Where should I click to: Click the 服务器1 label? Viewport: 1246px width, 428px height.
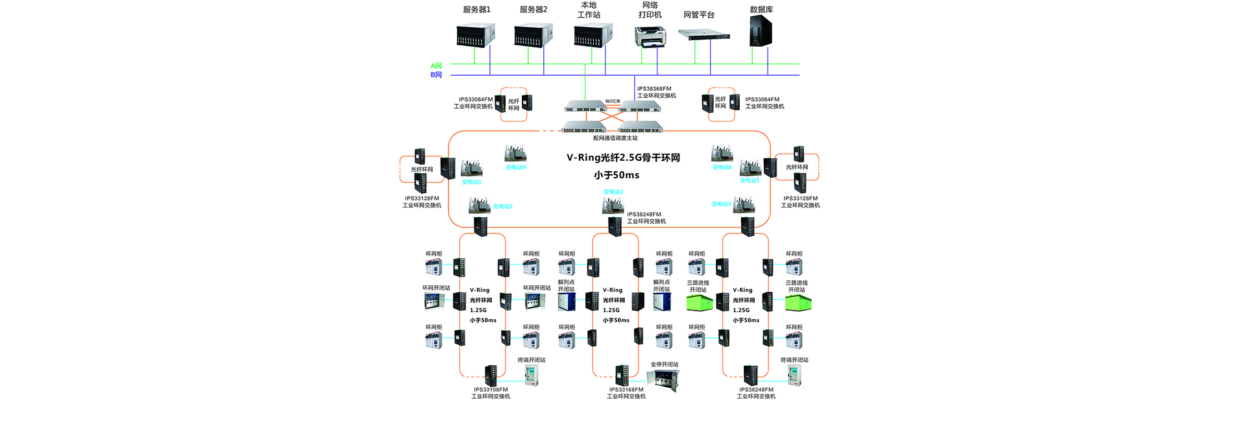point(476,10)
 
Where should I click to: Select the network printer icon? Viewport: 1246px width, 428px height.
point(650,36)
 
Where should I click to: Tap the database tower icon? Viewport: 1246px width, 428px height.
point(761,31)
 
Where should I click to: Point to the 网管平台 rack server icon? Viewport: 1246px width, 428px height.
point(704,34)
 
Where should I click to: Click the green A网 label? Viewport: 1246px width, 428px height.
point(436,66)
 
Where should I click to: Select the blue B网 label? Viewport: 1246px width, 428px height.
point(436,75)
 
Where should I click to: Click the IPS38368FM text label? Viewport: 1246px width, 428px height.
point(654,89)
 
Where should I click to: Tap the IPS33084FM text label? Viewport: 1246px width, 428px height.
point(476,100)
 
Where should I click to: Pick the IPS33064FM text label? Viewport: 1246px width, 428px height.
point(763,100)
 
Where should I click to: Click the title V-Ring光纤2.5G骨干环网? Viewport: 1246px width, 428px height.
point(623,158)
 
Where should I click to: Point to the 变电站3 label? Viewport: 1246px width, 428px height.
point(613,192)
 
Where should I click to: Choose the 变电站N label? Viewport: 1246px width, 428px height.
point(516,167)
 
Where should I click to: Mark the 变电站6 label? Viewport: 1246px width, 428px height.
point(722,167)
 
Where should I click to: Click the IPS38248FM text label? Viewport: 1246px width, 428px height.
point(644,215)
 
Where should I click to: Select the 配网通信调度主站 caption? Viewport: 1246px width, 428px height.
point(615,138)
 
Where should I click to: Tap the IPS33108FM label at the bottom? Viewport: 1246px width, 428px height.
point(491,390)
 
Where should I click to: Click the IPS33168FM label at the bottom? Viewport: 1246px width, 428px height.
point(626,390)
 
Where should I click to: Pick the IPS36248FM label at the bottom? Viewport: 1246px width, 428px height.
point(756,390)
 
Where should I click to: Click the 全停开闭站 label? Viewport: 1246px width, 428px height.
point(665,364)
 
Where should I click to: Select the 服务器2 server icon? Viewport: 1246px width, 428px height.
point(533,35)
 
